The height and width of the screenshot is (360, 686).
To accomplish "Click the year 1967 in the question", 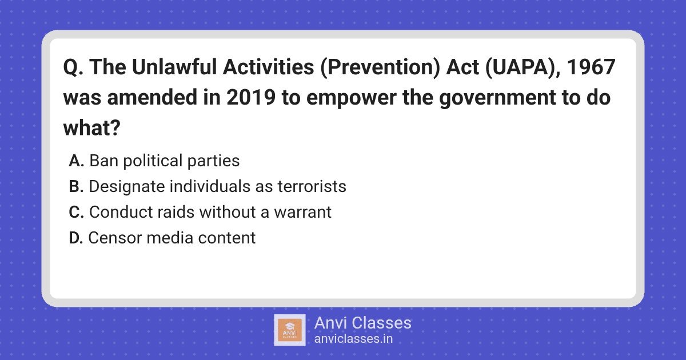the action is (591, 67).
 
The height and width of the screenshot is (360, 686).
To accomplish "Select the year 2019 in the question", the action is (251, 97).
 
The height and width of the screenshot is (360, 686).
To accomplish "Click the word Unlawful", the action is (174, 67).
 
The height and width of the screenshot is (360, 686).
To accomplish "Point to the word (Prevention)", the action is (380, 67).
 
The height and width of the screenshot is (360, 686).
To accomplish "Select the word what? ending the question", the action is (91, 127).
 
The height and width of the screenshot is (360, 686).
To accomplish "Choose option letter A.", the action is (76, 161).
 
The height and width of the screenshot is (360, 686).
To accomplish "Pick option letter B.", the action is (76, 186).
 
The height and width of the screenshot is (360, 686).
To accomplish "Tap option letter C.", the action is (76, 212).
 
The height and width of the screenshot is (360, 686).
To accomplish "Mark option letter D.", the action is (76, 238).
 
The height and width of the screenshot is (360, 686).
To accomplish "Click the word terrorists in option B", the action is (312, 186).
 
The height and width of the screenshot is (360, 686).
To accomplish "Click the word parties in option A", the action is (213, 161).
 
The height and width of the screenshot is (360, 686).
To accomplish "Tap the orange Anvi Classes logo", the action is (290, 330).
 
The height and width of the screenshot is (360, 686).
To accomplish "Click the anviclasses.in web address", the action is (353, 339).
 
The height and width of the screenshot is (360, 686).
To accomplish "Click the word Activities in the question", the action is (268, 67).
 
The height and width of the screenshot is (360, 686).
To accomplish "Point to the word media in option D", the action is (170, 238).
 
